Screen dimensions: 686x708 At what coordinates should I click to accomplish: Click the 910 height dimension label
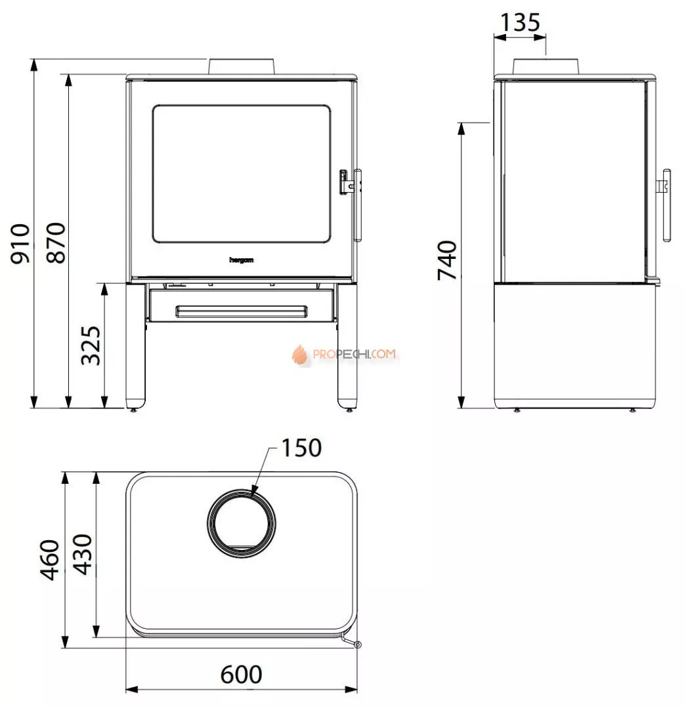click(21, 243)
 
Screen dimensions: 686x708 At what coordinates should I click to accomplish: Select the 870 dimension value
click(56, 243)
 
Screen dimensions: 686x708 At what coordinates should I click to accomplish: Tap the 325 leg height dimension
click(91, 345)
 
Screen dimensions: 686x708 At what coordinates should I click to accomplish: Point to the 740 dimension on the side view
click(447, 260)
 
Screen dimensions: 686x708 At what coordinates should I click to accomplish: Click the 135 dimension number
click(520, 22)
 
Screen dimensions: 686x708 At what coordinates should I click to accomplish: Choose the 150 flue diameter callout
click(301, 448)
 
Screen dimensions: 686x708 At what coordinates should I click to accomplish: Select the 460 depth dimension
click(50, 560)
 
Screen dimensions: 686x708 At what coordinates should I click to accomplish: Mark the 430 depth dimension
click(83, 555)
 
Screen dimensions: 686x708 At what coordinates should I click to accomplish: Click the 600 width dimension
click(241, 675)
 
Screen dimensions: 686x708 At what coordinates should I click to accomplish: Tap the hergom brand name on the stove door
click(242, 260)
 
